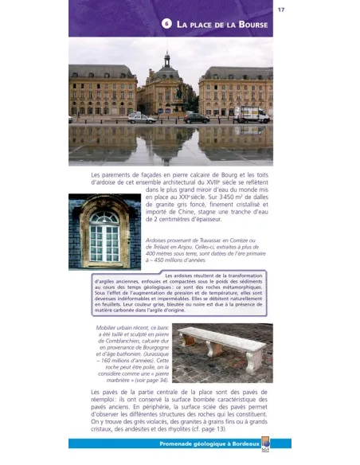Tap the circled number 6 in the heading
[x=166, y=24]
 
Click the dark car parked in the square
[x=196, y=118]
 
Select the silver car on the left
[x=142, y=118]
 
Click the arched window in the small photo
[x=104, y=235]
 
